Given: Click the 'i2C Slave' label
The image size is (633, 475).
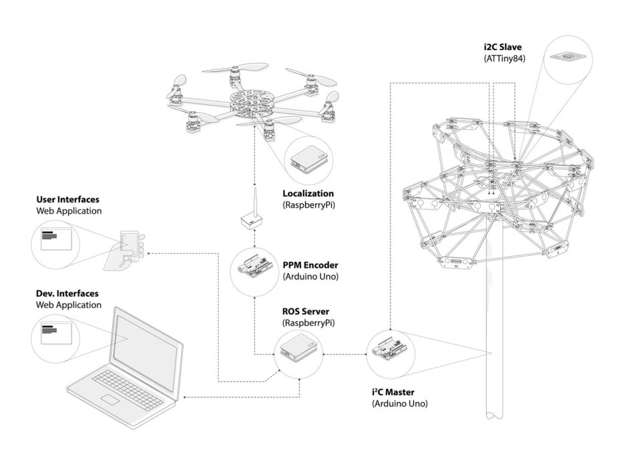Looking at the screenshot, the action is (503, 47).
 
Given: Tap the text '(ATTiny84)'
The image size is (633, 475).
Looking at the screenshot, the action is (505, 58).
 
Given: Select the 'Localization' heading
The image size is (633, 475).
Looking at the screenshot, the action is (308, 194).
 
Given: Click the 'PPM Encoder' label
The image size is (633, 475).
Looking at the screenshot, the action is (310, 265).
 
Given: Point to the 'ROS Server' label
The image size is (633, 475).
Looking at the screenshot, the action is (306, 311).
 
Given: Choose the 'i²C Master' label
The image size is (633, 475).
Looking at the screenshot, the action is (393, 391).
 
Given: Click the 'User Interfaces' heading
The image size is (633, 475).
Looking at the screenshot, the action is (68, 200).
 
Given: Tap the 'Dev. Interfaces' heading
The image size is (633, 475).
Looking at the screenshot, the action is (67, 294).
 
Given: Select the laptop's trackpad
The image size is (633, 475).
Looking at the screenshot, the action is (110, 400).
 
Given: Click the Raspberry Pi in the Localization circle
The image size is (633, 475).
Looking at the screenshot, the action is (309, 159).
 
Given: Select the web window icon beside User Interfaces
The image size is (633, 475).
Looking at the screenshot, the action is (56, 240).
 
